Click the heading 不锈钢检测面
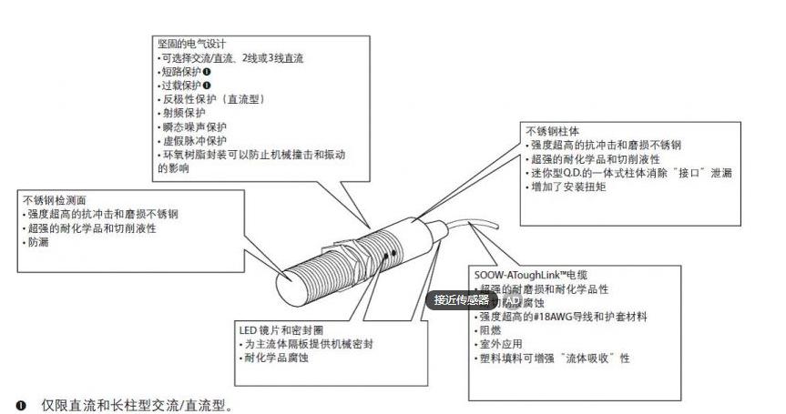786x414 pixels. click(56, 199)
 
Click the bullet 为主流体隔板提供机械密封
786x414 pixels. click(306, 344)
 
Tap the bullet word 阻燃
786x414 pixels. click(491, 330)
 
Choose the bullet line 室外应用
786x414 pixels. click(497, 345)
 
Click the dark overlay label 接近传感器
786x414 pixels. click(461, 299)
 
